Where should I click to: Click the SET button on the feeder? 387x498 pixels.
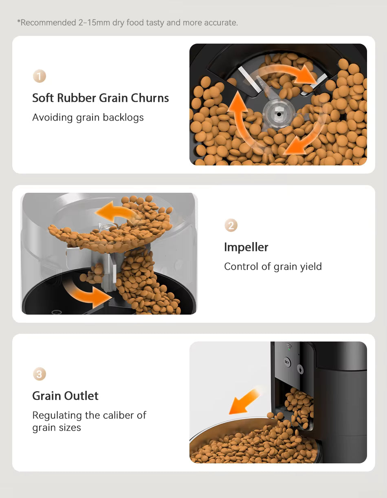[x=287, y=362]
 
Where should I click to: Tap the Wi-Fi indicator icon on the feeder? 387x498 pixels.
[x=289, y=348]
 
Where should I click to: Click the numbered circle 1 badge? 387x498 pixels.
[x=40, y=76]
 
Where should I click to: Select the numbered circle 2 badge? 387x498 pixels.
[x=231, y=225]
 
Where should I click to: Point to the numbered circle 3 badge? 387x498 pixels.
[x=40, y=374]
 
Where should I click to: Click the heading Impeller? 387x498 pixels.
[x=246, y=247]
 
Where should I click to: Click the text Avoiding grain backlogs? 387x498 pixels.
[x=88, y=117]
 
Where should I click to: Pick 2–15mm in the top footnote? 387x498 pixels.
[x=94, y=22]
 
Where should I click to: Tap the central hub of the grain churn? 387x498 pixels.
[x=278, y=114]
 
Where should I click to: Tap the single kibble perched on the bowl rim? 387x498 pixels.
[x=270, y=415]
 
